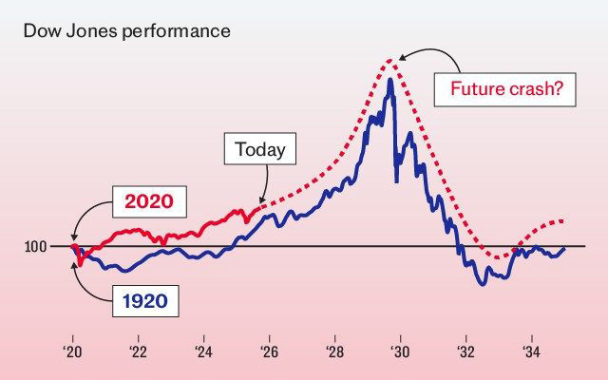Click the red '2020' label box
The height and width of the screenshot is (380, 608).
coord(150,203)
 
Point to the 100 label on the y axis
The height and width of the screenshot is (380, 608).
coord(36,247)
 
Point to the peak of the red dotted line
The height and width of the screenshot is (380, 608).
coord(391,60)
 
